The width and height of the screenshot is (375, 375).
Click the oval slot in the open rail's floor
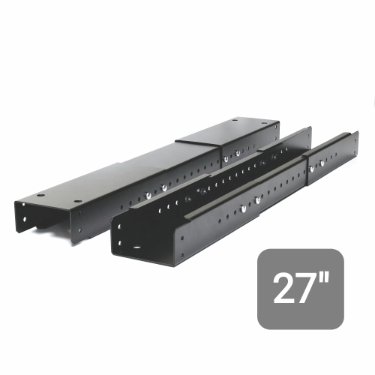tap(137, 247)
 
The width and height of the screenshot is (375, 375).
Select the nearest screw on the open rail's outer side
tap(243, 208)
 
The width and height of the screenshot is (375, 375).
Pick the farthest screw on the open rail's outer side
tap(322, 163)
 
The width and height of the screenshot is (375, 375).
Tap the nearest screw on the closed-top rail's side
tap(148, 194)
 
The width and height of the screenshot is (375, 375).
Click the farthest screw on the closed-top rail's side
tap(238, 152)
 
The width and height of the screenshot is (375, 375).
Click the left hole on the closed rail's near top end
tap(40, 195)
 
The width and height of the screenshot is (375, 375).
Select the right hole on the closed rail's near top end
tap(78, 201)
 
